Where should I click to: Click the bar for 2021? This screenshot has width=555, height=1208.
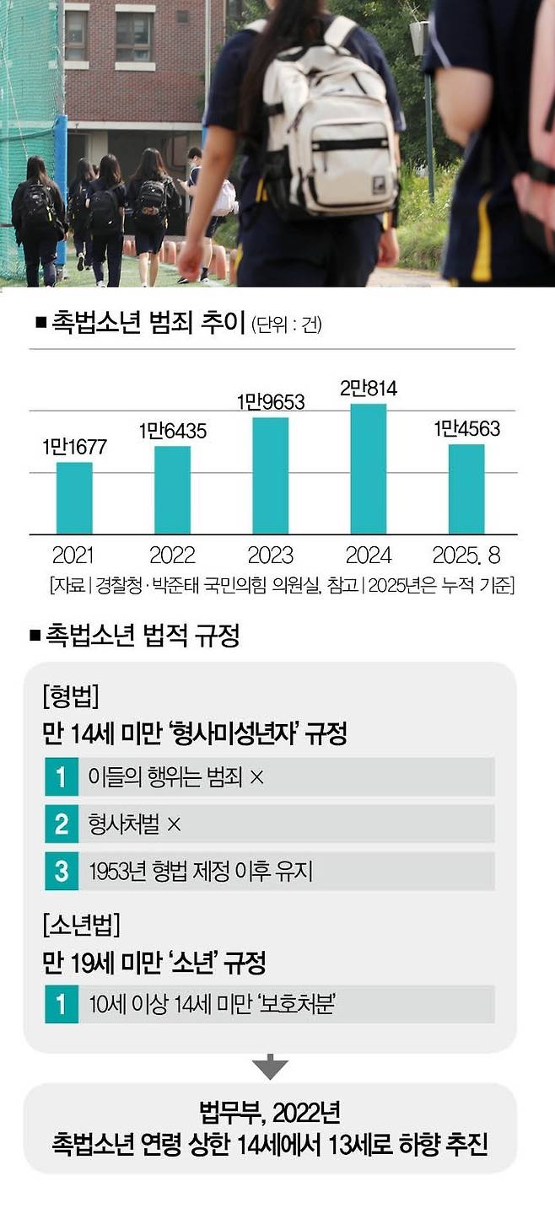(x=73, y=498)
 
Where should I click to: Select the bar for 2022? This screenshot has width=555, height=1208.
(x=172, y=490)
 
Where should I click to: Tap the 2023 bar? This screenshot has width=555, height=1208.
(x=270, y=475)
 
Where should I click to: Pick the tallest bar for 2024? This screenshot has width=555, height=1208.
(x=368, y=469)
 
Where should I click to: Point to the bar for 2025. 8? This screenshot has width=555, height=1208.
(x=466, y=489)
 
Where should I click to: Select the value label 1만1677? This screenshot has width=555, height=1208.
(x=74, y=448)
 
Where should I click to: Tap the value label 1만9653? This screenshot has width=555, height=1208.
(x=270, y=403)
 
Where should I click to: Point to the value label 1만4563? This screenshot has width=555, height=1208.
(x=466, y=429)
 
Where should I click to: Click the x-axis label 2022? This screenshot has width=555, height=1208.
(x=172, y=556)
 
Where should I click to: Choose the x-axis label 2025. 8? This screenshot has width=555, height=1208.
(x=466, y=556)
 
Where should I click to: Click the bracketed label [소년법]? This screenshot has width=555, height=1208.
(x=81, y=926)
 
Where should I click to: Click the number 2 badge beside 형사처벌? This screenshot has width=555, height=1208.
(x=61, y=824)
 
